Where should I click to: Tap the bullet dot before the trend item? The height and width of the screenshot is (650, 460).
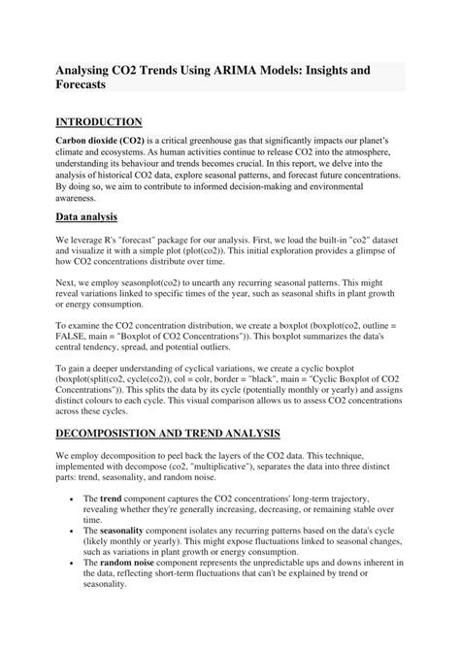click(x=74, y=498)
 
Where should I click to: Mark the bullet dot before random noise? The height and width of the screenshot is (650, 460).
click(x=74, y=589)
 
